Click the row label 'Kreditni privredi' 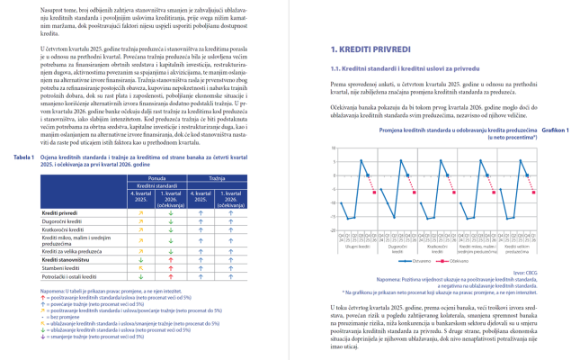point(61,212)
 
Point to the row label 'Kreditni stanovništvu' point(67,258)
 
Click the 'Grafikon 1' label point(555,130)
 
